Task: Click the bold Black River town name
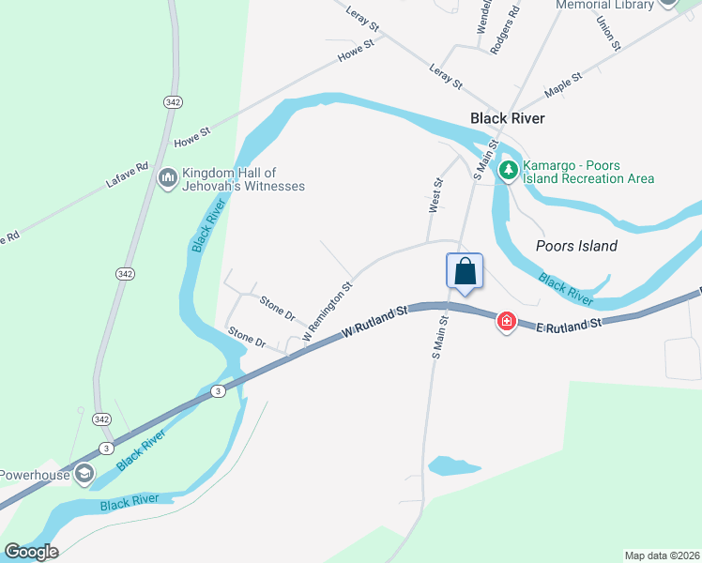point(507,118)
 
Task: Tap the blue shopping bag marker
point(465,272)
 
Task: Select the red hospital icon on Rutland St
point(507,322)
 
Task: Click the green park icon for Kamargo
point(508,170)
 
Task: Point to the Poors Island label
point(576,246)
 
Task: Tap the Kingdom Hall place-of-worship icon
point(169,176)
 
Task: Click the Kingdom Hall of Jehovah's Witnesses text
point(244,179)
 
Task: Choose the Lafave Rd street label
point(129,175)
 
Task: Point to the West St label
point(435,195)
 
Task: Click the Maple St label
point(564,84)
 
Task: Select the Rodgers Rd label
point(506,31)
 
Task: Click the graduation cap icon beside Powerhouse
point(84,473)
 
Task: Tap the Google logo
point(31,552)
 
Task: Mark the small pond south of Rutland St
point(454,465)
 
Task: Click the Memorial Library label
point(604,5)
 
